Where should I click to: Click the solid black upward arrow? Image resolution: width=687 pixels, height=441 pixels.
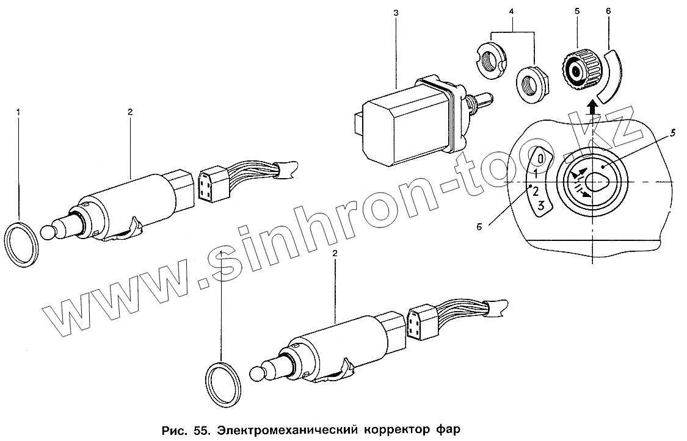pyautogui.click(x=590, y=109)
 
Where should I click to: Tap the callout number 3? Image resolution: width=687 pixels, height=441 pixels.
pyautogui.click(x=395, y=13)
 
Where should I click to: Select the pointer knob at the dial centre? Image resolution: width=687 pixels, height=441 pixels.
pyautogui.click(x=591, y=182)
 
